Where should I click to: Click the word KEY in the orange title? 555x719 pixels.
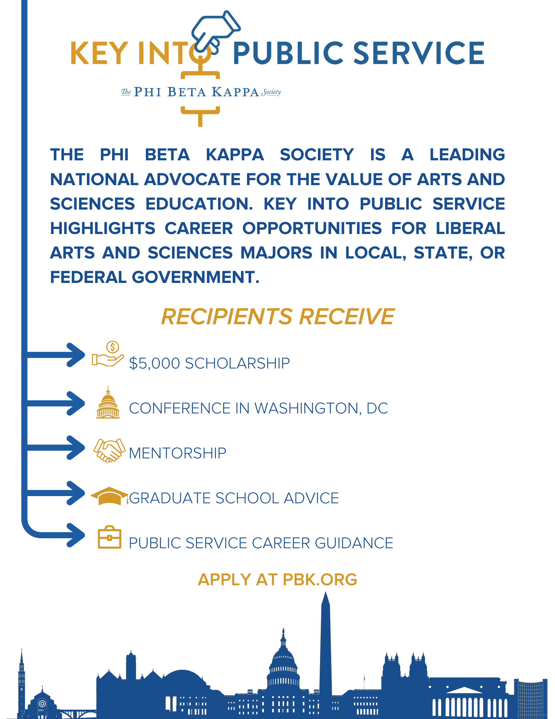[x=100, y=53]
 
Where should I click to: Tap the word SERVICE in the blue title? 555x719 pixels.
[x=419, y=53]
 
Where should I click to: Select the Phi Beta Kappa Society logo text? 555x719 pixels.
[x=201, y=92]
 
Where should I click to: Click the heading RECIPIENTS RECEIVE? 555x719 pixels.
[x=278, y=317]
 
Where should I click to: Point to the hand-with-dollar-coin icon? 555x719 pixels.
[x=108, y=354]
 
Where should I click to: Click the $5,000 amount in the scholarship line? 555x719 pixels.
[x=154, y=363]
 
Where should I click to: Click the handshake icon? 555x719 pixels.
[x=109, y=450]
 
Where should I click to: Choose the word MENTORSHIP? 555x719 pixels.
[x=177, y=453]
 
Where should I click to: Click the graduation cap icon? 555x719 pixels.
[x=109, y=496]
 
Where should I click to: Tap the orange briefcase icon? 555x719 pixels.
[x=110, y=538]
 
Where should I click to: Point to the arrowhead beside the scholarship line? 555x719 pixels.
[x=77, y=355]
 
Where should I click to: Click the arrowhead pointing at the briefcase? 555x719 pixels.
[x=77, y=535]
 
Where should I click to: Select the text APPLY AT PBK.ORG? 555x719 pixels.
[x=277, y=580]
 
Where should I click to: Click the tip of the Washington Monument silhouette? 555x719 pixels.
[x=325, y=594]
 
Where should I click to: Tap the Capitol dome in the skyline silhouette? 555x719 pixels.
[x=283, y=658]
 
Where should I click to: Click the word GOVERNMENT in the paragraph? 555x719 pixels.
[x=194, y=278]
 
